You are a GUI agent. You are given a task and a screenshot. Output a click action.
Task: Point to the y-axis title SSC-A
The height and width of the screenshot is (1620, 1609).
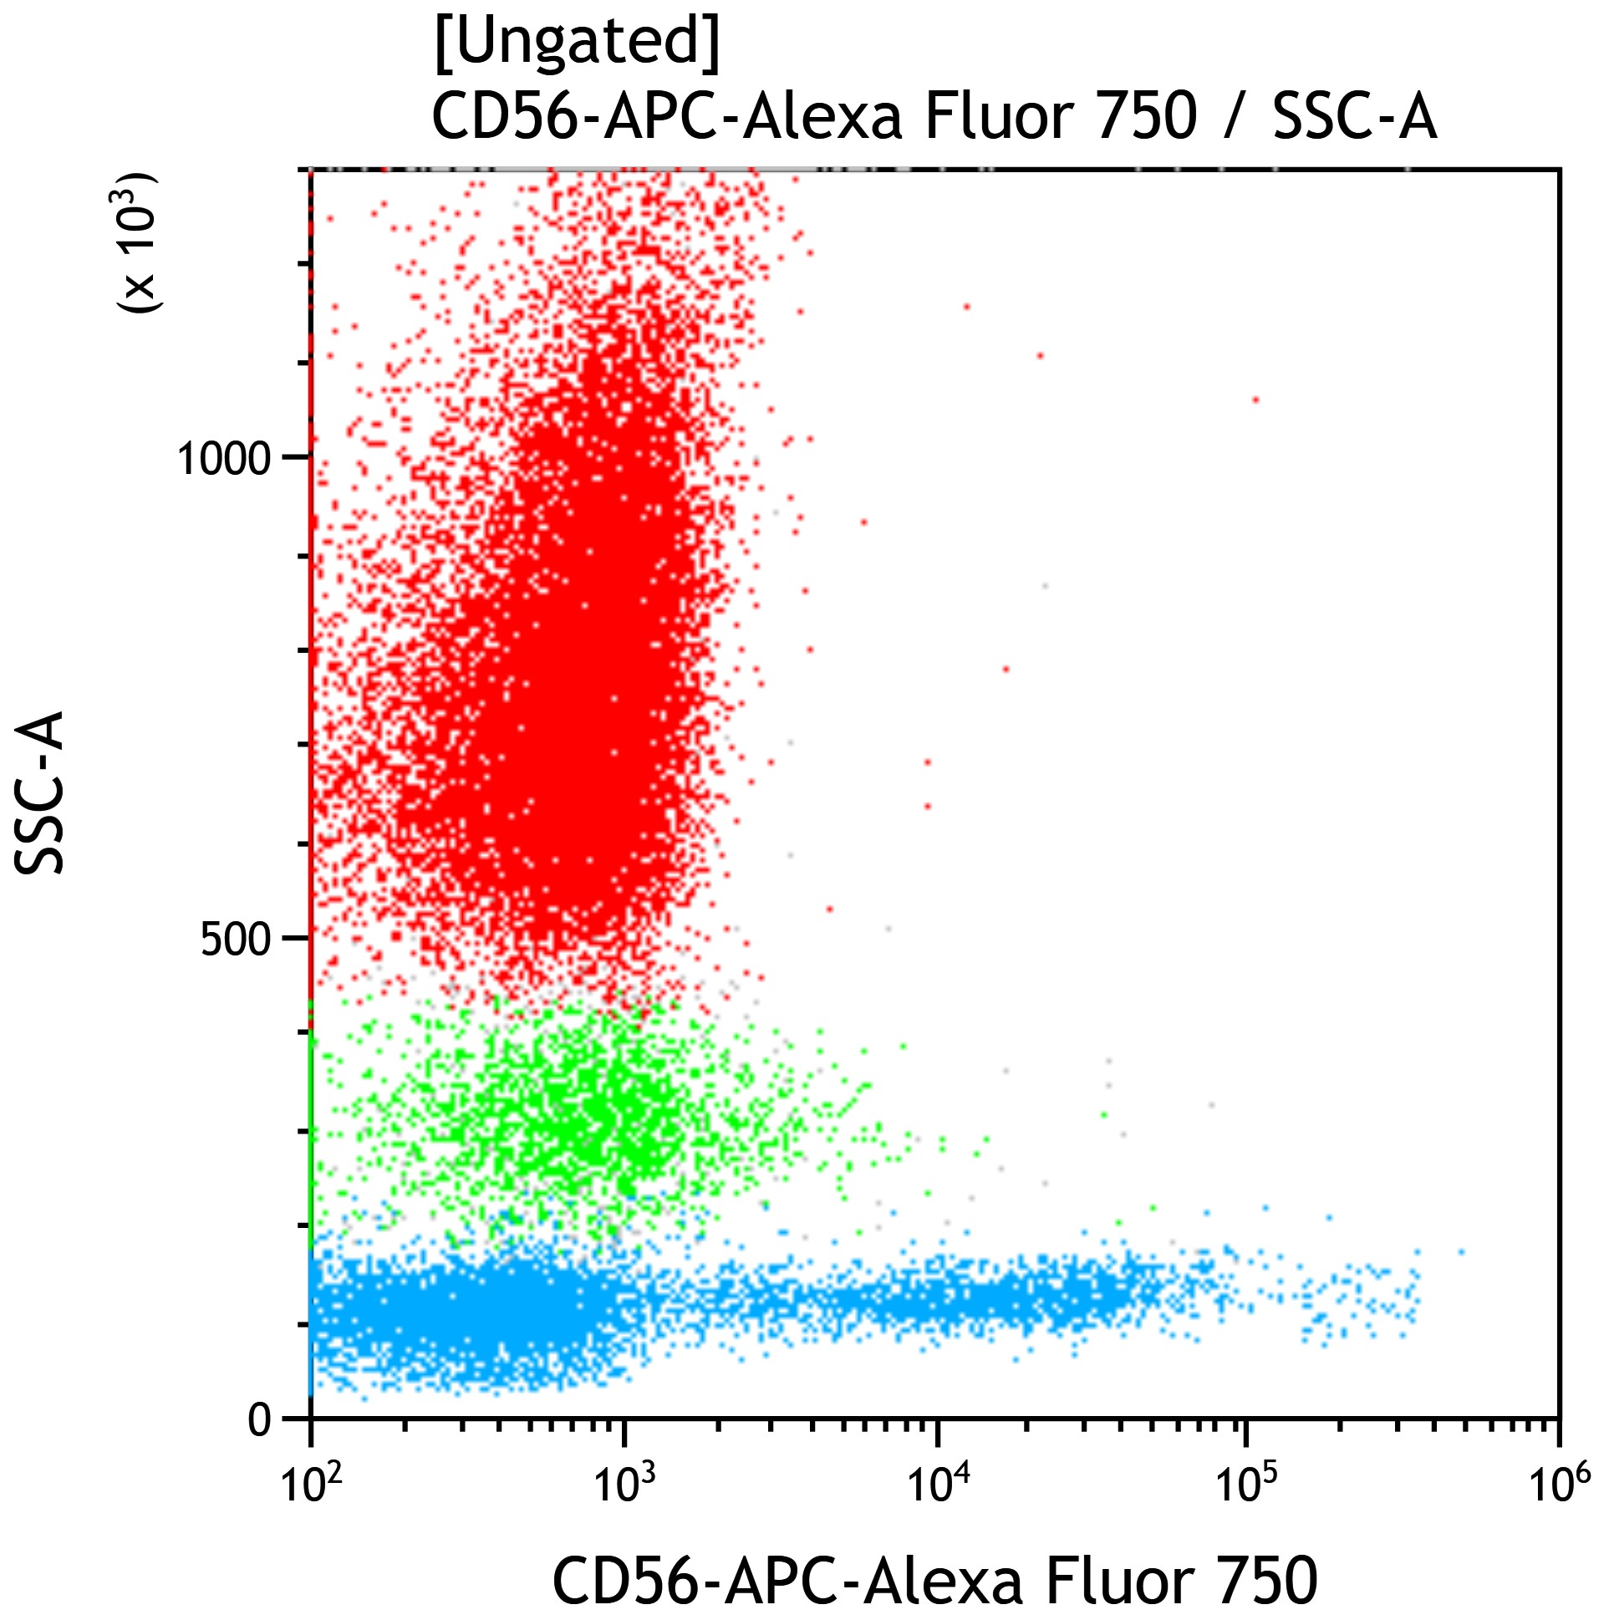(x=39, y=792)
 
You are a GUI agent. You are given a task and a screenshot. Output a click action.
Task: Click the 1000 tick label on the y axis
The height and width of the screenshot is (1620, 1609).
(x=224, y=458)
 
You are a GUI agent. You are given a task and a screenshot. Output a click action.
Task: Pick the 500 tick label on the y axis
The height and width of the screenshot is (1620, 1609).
(x=236, y=940)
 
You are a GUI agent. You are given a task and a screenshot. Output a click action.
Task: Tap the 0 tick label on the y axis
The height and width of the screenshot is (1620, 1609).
(x=260, y=1419)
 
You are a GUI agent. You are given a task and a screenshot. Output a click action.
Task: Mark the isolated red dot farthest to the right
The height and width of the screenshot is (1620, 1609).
(x=1255, y=400)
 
